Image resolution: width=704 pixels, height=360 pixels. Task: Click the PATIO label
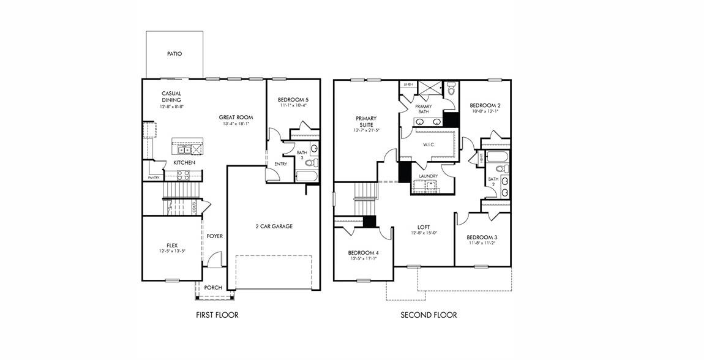(174, 54)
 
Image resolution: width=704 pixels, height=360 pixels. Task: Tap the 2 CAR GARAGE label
(274, 226)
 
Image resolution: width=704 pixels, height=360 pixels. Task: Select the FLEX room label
(172, 245)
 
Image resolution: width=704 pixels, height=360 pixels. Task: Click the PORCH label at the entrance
(213, 288)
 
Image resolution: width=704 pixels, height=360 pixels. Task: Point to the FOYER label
(214, 236)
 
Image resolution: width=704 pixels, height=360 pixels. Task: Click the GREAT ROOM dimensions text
(236, 124)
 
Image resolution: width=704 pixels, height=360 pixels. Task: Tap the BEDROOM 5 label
(293, 99)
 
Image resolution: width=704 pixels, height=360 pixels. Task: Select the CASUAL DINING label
(171, 97)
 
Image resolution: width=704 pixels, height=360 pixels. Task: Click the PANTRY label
(153, 178)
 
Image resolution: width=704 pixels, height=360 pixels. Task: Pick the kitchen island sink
(182, 149)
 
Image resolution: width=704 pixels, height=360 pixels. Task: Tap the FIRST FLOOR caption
(217, 315)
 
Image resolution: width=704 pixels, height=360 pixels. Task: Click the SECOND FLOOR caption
(429, 315)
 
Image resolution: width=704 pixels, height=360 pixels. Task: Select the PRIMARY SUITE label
(366, 121)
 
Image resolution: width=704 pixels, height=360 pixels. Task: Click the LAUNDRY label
(428, 176)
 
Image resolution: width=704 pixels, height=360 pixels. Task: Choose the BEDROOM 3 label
(482, 237)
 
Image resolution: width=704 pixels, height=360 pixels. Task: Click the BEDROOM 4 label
(364, 252)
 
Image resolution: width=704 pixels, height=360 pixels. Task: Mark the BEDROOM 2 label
(485, 105)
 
